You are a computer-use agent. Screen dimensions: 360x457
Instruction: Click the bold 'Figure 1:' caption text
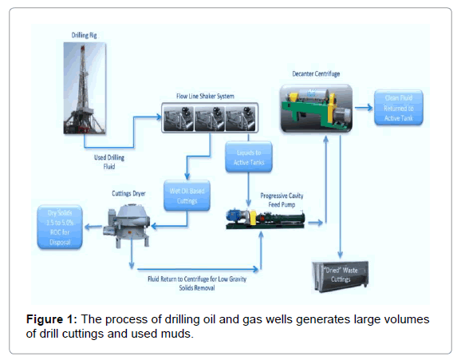click(49, 320)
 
